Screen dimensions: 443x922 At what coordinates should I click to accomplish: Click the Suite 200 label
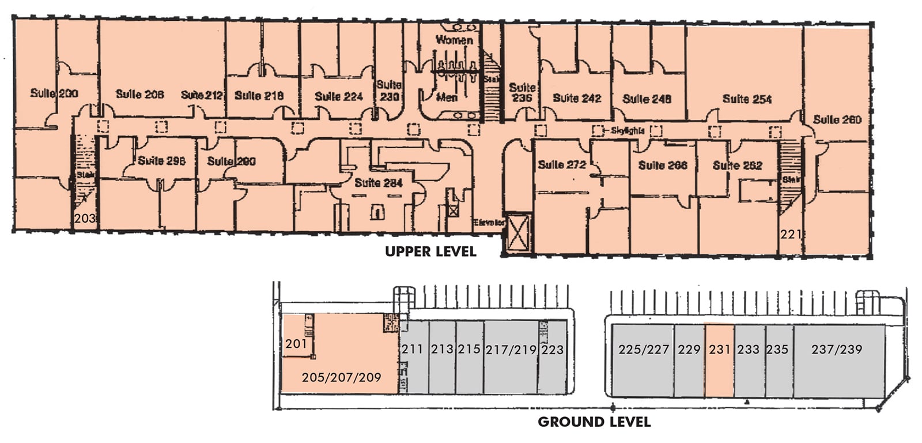[x=54, y=93]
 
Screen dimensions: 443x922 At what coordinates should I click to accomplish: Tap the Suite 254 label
[x=746, y=99]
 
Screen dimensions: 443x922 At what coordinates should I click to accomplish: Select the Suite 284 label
[x=378, y=183]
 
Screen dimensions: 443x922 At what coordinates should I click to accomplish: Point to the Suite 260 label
[x=837, y=120]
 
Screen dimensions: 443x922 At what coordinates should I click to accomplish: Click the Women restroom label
[x=454, y=40]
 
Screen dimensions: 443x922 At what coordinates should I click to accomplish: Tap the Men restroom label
[x=447, y=97]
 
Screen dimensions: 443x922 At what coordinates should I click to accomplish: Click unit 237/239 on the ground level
[x=837, y=349]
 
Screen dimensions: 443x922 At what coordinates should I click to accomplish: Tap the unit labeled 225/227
[x=643, y=349]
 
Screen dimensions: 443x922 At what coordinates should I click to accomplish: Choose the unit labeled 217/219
[x=511, y=350]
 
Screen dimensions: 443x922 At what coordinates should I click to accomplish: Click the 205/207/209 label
[x=341, y=378]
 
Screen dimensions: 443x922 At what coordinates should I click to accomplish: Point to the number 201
[x=296, y=344]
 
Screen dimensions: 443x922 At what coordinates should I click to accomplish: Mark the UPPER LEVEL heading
[x=430, y=251]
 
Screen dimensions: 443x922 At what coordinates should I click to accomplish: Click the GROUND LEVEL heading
[x=594, y=422]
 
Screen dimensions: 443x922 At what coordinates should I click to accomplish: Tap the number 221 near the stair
[x=791, y=234]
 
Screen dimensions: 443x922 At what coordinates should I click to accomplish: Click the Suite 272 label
[x=561, y=164]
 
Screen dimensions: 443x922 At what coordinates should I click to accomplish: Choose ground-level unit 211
[x=413, y=349]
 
